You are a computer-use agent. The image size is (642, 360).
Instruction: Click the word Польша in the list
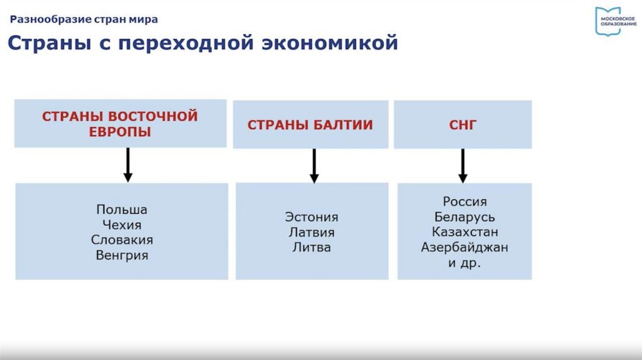pyautogui.click(x=122, y=209)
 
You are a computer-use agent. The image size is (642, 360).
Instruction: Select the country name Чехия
pyautogui.click(x=121, y=225)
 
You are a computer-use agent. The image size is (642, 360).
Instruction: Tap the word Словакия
pyautogui.click(x=122, y=240)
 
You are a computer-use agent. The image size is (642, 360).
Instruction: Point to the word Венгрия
pyautogui.click(x=122, y=255)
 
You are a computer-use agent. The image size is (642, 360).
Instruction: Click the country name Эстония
pyautogui.click(x=312, y=217)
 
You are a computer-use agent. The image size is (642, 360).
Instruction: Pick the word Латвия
pyautogui.click(x=312, y=232)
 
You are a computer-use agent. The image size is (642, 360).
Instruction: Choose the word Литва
pyautogui.click(x=312, y=247)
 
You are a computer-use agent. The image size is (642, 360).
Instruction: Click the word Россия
pyautogui.click(x=465, y=202)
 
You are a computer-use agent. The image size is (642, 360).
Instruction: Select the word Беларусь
pyautogui.click(x=465, y=217)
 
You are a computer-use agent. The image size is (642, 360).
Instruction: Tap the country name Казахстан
pyautogui.click(x=465, y=232)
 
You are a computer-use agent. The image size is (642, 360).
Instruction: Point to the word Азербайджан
pyautogui.click(x=465, y=247)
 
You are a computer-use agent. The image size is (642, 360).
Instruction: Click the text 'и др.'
pyautogui.click(x=465, y=263)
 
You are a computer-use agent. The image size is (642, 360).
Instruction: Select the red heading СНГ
pyautogui.click(x=463, y=125)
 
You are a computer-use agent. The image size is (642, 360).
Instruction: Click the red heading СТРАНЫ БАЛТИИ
pyautogui.click(x=310, y=125)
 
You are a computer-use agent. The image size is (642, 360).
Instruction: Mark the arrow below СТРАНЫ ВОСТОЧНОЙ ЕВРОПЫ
pyautogui.click(x=128, y=165)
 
